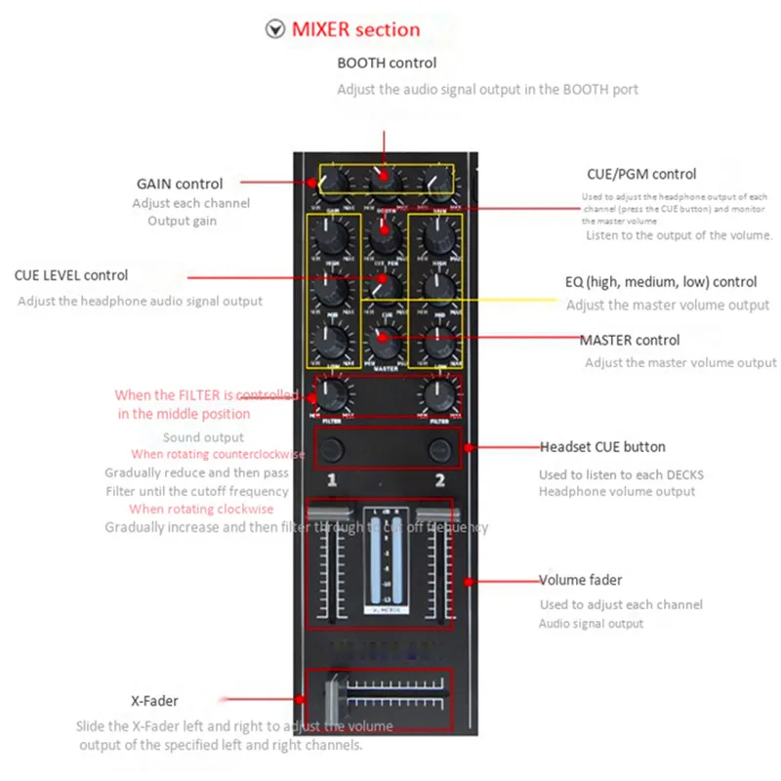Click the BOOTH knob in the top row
pos(384,179)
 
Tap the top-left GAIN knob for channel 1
pos(333,180)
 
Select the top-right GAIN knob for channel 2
pos(436,180)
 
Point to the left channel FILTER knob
pos(333,394)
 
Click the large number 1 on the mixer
pos(332,480)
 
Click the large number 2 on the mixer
pos(439,480)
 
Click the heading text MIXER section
pos(355,29)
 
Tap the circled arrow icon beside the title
pos(275,29)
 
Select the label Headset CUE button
pos(602,447)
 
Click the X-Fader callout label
pos(154,700)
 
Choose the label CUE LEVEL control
pos(71,275)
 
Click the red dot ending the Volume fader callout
pos(471,581)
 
